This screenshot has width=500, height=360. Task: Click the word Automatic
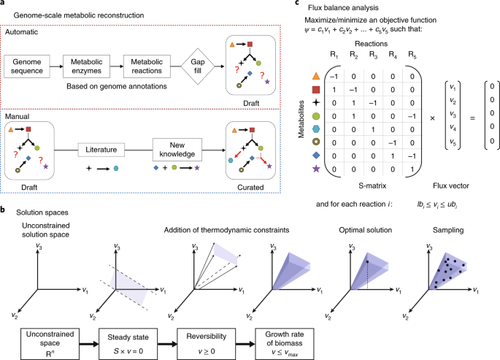23,34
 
